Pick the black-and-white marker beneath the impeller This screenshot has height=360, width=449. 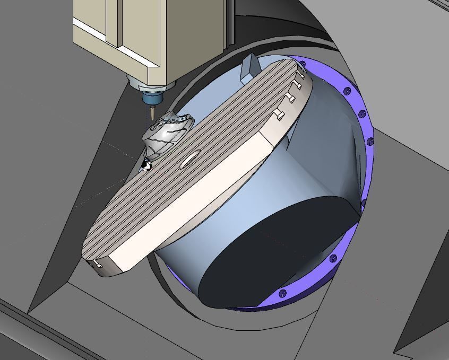click(x=145, y=166)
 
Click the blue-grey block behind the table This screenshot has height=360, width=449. click(x=250, y=68)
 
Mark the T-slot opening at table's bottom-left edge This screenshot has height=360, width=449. click(x=97, y=263)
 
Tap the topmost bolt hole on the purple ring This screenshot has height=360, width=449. click(x=303, y=64)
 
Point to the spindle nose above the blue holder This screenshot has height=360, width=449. click(x=149, y=84)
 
